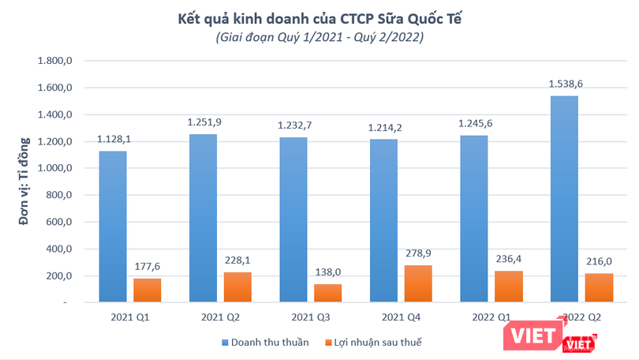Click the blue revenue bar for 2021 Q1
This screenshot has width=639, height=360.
tap(112, 227)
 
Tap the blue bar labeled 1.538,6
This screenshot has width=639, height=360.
tap(564, 199)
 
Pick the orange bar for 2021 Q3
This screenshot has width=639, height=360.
tap(328, 293)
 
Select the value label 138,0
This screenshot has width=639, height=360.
tap(328, 272)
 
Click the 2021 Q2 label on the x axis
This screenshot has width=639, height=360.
tap(221, 318)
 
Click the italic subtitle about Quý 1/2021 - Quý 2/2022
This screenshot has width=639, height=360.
tap(319, 37)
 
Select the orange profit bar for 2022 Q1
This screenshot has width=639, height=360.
tap(509, 287)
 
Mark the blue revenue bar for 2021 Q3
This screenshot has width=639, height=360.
tap(293, 219)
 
